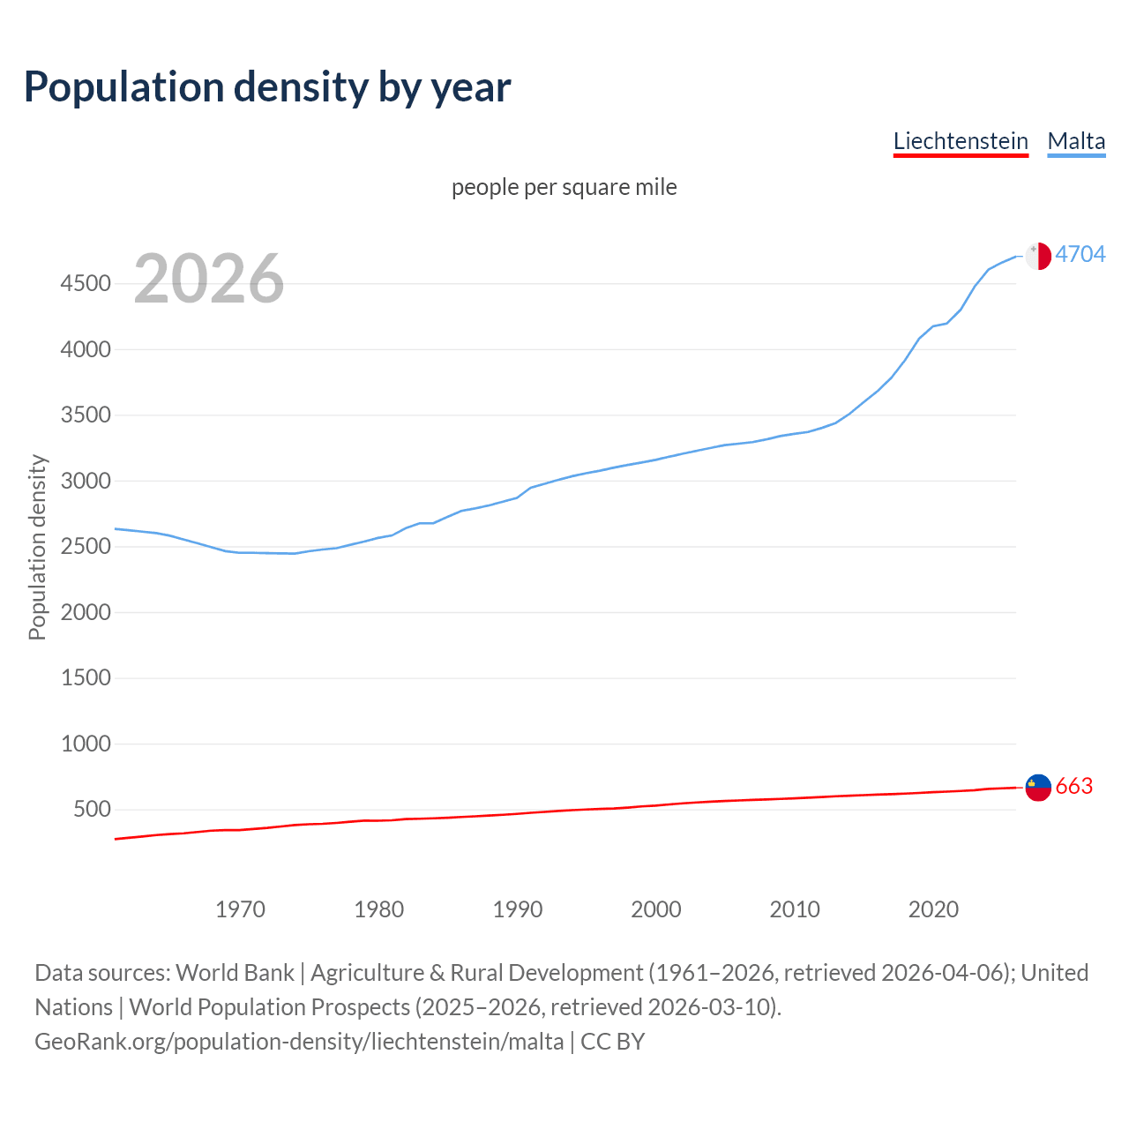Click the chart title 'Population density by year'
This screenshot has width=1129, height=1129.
(x=267, y=86)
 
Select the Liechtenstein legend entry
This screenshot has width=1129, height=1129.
(x=961, y=141)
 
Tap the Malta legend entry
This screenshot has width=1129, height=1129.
(x=1076, y=141)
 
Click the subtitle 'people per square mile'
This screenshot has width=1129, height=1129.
(x=564, y=187)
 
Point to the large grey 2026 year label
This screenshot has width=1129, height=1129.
(x=209, y=279)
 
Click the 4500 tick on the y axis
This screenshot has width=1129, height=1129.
(x=86, y=283)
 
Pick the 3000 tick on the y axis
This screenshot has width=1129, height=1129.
(x=86, y=481)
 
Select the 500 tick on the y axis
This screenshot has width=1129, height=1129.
(x=92, y=809)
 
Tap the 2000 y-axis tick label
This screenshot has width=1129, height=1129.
(x=86, y=612)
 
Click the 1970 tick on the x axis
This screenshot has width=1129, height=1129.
(x=240, y=909)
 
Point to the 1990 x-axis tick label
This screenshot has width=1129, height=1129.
(x=518, y=909)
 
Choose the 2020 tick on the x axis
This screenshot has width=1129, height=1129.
(x=933, y=909)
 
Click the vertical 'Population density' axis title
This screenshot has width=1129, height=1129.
(x=37, y=547)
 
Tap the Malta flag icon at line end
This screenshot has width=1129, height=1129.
(x=1038, y=256)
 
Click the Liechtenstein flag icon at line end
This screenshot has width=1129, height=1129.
(x=1038, y=787)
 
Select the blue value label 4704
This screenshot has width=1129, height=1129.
(x=1080, y=254)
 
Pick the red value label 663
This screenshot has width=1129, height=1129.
(x=1073, y=786)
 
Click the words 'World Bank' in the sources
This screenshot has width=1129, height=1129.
(x=235, y=973)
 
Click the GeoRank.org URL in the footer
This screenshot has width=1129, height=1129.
(x=299, y=1042)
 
